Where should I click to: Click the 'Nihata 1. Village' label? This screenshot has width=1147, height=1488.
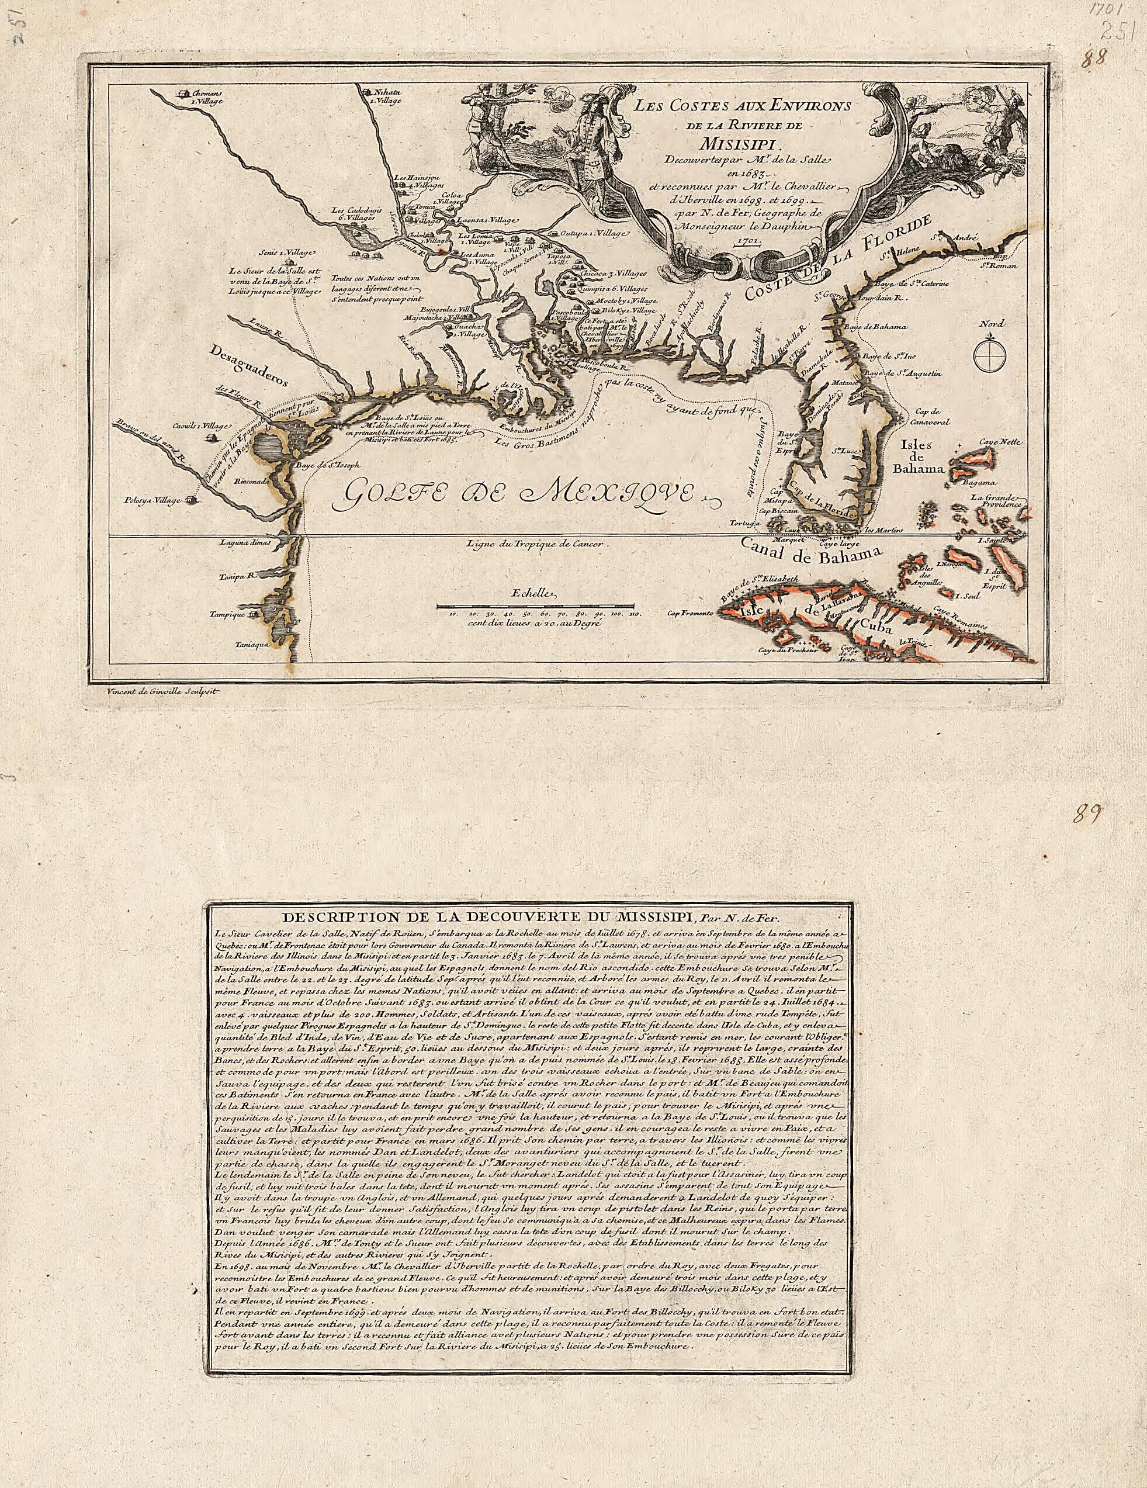[x=387, y=94]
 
